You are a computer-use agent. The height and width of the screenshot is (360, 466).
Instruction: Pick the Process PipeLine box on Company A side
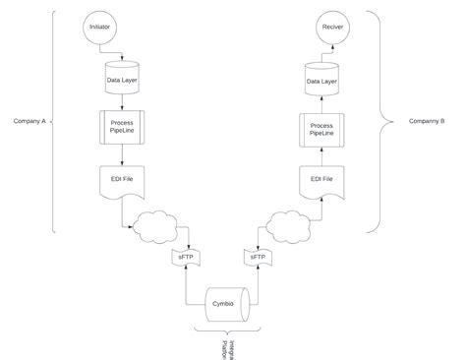[x=121, y=126]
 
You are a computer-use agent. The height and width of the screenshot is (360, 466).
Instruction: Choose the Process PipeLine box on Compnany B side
[x=321, y=130]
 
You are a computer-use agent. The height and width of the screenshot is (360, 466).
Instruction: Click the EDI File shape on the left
[x=121, y=181]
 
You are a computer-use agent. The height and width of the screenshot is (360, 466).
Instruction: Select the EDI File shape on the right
[x=321, y=181]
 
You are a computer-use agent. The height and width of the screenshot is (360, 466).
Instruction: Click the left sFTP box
[x=185, y=257]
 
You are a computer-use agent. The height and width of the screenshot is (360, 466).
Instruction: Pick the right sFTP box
[x=258, y=257]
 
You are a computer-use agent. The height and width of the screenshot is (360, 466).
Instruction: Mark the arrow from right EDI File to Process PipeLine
[x=321, y=157]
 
